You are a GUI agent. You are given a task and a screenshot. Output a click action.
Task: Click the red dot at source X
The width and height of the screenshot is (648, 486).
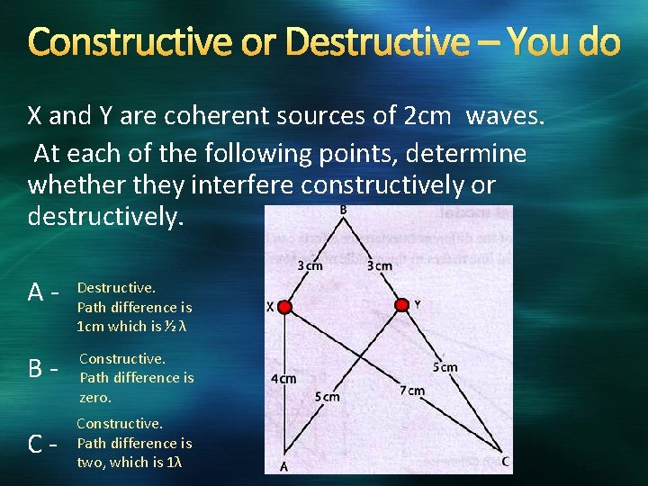285,308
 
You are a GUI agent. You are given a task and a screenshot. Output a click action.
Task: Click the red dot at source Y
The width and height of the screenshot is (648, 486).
401,307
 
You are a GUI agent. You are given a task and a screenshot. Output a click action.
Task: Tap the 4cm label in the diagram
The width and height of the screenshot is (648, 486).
283,379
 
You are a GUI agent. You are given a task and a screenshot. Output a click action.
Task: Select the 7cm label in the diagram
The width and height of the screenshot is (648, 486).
411,391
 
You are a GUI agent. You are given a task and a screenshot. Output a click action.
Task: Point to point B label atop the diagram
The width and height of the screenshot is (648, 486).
343,210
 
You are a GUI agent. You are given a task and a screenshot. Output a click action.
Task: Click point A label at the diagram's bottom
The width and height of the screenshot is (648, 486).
283,465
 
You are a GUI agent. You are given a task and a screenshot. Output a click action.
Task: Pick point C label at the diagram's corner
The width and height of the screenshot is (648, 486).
506,461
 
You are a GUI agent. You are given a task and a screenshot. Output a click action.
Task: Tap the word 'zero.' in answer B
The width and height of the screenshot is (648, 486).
95,397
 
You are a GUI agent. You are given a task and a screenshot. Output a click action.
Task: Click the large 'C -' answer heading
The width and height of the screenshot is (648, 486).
43,444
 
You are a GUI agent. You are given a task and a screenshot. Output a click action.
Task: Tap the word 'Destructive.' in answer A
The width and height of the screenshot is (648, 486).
116,288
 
